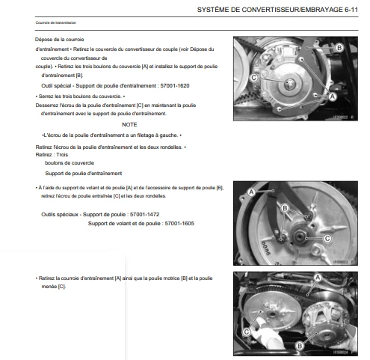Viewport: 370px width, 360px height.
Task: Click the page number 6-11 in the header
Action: point(351,10)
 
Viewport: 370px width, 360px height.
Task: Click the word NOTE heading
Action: point(129,124)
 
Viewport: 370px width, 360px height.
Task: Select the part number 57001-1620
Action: point(175,86)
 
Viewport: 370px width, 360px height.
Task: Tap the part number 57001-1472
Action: point(144,214)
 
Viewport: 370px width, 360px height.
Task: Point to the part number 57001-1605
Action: point(179,223)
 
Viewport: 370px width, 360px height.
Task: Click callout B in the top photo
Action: point(339,47)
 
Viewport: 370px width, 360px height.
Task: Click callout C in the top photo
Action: point(254,78)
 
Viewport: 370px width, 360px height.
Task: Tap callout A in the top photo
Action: point(333,97)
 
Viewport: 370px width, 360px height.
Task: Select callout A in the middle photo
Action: point(251,192)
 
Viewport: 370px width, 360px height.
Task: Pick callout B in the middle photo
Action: point(285,208)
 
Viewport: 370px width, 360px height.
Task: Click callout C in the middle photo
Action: point(327,239)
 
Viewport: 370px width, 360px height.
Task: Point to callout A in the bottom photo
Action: point(318,278)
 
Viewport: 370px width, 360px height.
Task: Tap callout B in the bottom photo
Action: point(300,346)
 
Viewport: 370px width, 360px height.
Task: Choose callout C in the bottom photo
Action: point(247,332)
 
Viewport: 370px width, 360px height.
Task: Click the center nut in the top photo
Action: point(290,84)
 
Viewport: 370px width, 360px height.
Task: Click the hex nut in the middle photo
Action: point(299,236)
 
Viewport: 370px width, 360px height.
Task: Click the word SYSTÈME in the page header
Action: point(209,10)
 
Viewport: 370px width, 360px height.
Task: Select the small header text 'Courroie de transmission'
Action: point(56,22)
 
